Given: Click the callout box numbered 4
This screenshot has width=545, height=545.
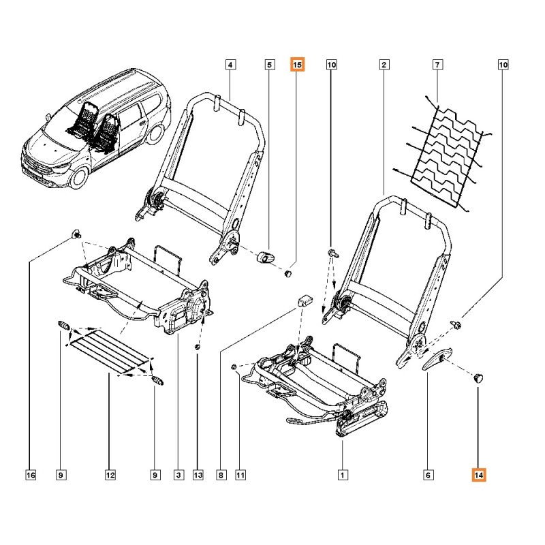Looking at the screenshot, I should (x=230, y=65).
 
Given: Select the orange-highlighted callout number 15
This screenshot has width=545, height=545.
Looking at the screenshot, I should (x=298, y=65).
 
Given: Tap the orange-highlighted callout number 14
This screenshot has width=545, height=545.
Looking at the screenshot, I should (x=479, y=475).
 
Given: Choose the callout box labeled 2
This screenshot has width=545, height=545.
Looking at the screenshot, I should (x=384, y=65).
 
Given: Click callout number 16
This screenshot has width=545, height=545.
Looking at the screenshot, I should (x=29, y=475).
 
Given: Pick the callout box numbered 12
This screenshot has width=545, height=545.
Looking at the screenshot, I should (x=109, y=475).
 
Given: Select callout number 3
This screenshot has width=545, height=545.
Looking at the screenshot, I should (x=178, y=475).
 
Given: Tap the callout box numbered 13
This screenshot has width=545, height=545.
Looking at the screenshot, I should (x=198, y=475).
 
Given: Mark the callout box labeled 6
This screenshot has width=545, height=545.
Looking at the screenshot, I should (x=428, y=475).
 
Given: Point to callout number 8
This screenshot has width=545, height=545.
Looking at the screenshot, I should (x=220, y=475).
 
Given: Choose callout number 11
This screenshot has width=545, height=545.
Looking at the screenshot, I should (x=240, y=475).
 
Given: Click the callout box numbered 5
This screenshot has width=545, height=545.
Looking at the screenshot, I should (x=268, y=65).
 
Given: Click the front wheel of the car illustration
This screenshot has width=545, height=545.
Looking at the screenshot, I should (x=79, y=177).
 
